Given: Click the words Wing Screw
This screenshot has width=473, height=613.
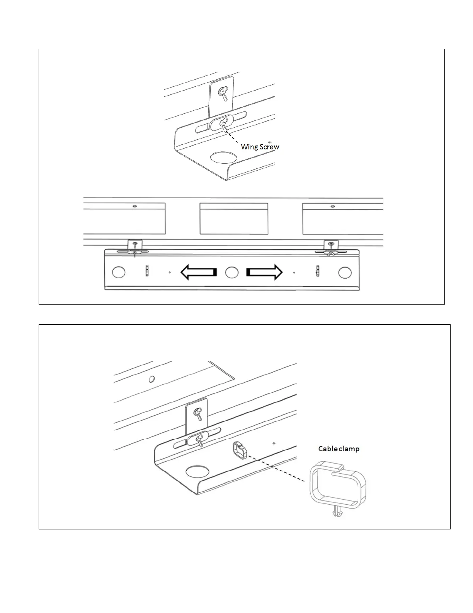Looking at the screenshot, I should (260, 147).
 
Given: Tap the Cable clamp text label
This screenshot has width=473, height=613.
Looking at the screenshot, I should (339, 449).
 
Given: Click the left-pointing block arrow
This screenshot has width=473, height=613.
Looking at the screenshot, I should (199, 272).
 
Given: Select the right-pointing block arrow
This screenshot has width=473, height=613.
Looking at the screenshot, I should (264, 272).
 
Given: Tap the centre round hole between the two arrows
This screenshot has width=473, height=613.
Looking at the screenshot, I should (231, 272).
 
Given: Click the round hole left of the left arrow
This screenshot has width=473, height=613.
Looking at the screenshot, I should (119, 272).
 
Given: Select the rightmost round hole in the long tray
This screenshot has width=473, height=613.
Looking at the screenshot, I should (344, 272).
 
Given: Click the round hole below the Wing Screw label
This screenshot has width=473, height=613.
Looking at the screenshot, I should (223, 157).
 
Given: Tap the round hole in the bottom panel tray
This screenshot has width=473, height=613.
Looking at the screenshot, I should (196, 472).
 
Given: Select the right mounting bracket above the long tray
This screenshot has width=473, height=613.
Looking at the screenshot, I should (331, 245).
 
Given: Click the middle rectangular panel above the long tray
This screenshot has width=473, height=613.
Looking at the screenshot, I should (234, 218).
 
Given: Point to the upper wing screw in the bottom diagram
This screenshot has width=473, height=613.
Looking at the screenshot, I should (199, 413).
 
